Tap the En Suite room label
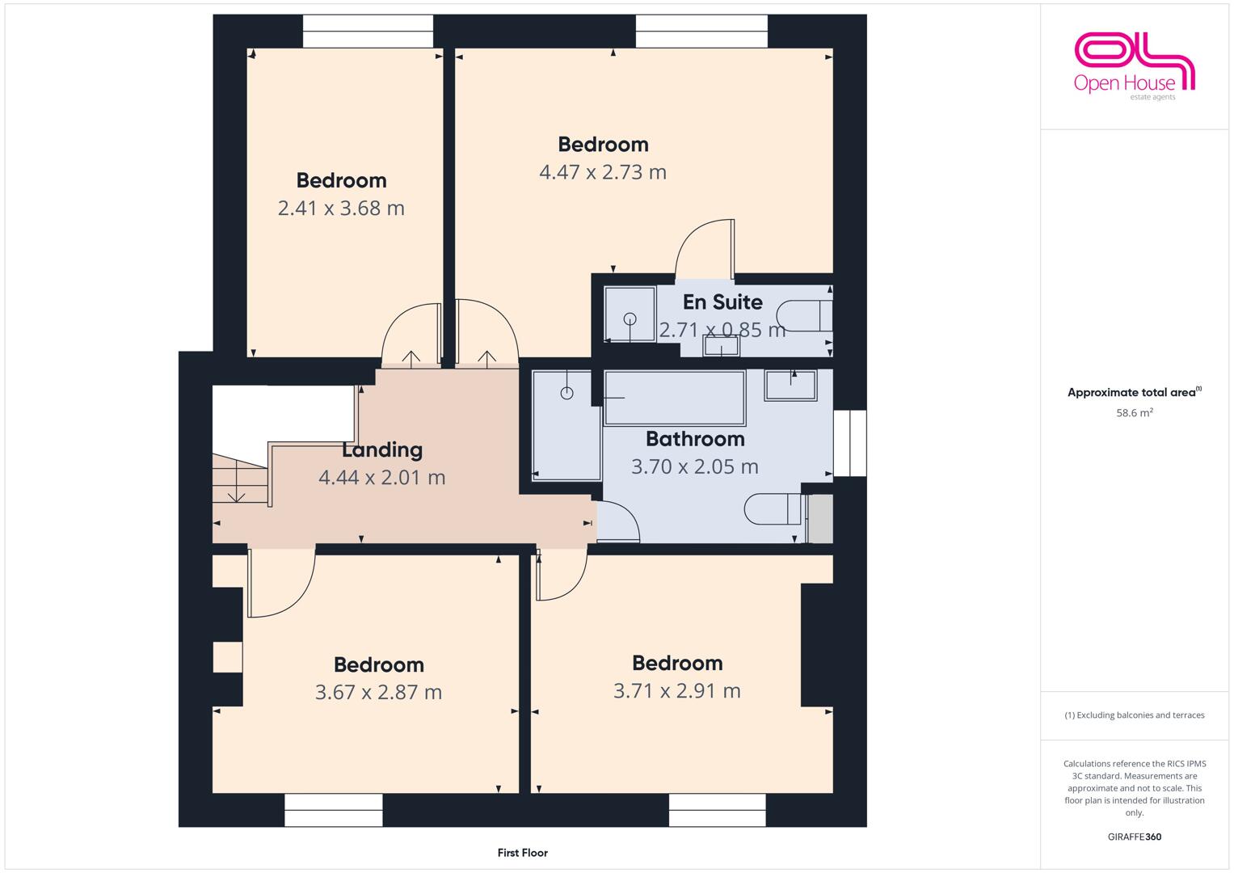tap(722, 302)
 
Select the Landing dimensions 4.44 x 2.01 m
tap(381, 477)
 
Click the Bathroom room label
tap(695, 439)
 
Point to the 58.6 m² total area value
tap(1135, 413)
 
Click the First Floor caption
tap(522, 853)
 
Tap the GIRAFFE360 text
tap(1135, 837)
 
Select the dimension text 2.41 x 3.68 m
tap(341, 209)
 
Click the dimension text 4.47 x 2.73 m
tap(603, 172)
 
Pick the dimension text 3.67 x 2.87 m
tap(378, 692)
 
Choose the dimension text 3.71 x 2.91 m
tap(677, 690)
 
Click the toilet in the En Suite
tap(804, 316)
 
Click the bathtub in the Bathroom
tap(675, 398)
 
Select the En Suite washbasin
tap(721, 346)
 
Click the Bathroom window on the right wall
tap(850, 443)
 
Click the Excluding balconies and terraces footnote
tap(1135, 715)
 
